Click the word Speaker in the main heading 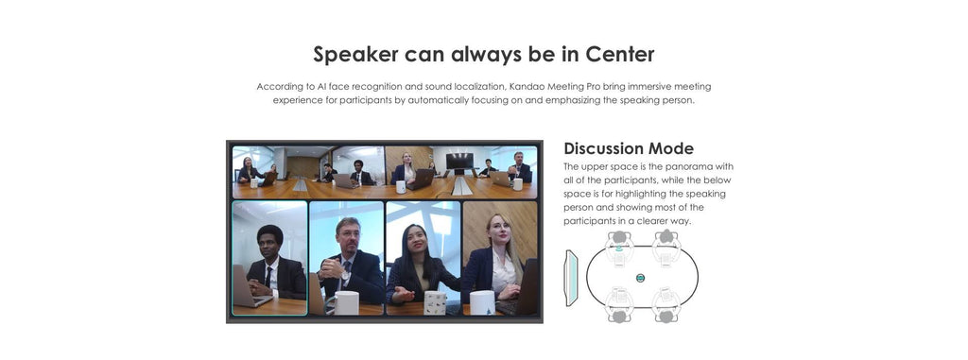coord(355,55)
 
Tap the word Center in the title coord(620,54)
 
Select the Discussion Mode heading coord(629,148)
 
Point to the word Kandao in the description coord(525,86)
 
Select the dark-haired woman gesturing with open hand coord(421,266)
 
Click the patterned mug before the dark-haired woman coord(436,302)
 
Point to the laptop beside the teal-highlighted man coord(249,286)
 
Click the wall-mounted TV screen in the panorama coord(459,162)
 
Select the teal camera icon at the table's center coord(640,278)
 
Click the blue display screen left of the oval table coord(572,278)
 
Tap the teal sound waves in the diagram coord(619,249)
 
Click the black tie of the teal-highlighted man coord(268,276)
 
